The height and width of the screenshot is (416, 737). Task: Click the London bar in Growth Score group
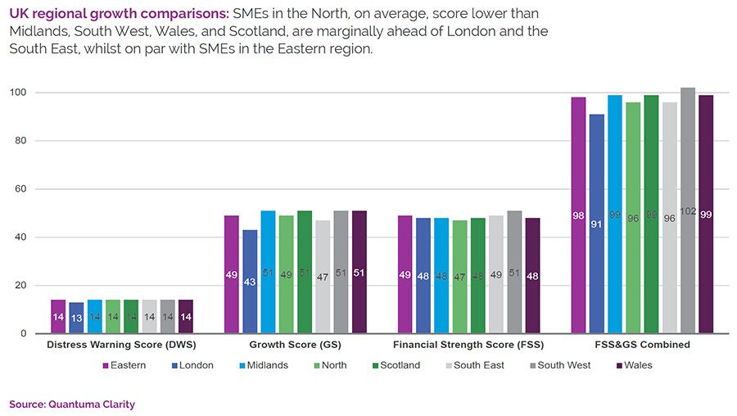click(x=250, y=282)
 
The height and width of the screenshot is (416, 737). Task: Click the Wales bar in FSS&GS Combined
click(x=706, y=215)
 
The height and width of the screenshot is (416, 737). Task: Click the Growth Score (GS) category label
click(x=295, y=345)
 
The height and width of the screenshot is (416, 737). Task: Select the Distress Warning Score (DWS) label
click(x=122, y=345)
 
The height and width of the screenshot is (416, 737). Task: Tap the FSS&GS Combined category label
click(x=642, y=345)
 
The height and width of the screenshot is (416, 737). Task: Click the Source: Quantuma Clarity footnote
click(x=71, y=404)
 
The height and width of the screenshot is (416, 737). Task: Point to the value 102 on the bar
click(x=688, y=211)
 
